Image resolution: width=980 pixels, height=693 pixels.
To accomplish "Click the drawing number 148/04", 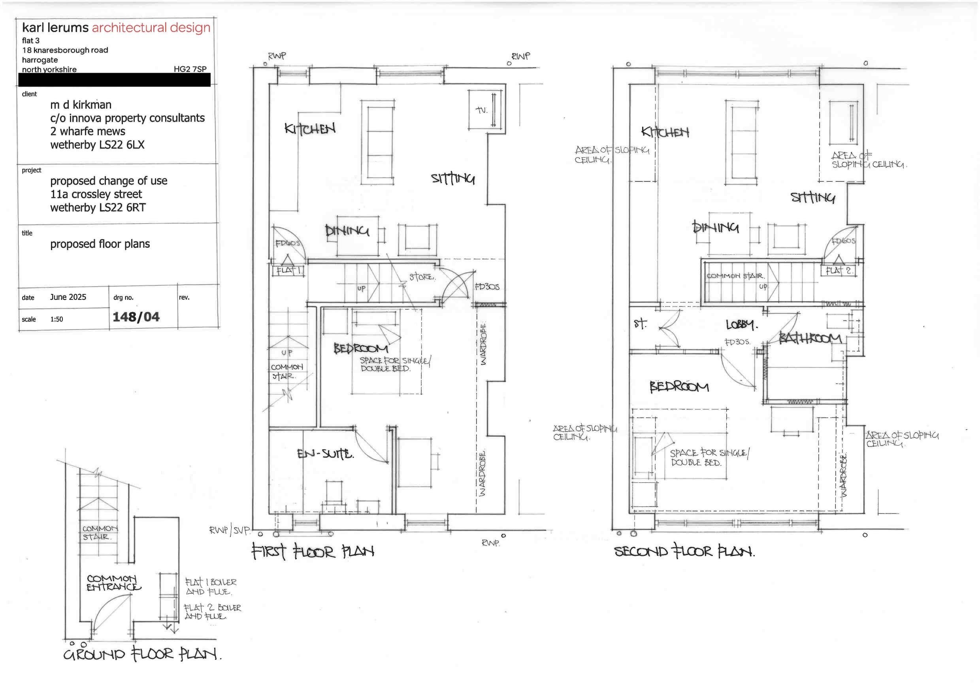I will tap(136, 316).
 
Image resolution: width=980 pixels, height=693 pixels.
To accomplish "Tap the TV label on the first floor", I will tap(481, 110).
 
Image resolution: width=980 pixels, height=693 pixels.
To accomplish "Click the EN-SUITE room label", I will tap(325, 454).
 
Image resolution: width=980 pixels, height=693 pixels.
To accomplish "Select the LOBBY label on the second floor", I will tap(742, 325).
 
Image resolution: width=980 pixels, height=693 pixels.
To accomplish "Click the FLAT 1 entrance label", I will tap(288, 271).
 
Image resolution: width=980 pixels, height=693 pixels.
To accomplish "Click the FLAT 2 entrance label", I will tap(838, 271).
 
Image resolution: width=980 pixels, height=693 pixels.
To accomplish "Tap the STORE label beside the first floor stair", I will tap(422, 277).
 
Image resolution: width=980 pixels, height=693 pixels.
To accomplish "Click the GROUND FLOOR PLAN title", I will tap(142, 654).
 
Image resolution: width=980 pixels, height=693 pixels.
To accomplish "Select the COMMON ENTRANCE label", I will tap(113, 583).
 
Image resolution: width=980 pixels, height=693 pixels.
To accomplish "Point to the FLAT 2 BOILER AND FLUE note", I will tap(212, 612).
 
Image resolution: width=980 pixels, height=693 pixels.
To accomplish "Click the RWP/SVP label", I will tap(229, 531).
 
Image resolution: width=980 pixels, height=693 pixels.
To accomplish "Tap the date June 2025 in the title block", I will tap(68, 297).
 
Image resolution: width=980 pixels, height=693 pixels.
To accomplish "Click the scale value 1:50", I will tap(57, 319).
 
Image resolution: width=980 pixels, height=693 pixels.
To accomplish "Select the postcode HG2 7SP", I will tap(190, 69).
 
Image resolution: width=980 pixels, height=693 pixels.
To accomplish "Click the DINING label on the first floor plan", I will tap(347, 231).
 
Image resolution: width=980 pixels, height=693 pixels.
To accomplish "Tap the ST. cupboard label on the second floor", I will tap(640, 324).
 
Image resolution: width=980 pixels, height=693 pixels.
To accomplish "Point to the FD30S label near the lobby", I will tap(737, 342).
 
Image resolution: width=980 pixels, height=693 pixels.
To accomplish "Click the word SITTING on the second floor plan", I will tap(813, 197).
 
